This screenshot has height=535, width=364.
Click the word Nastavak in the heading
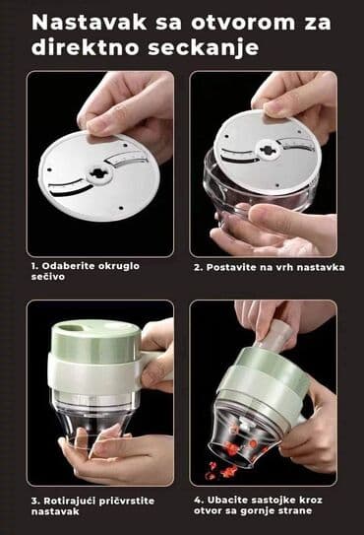[78, 22]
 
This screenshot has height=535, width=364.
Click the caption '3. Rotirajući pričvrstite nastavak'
[84, 507]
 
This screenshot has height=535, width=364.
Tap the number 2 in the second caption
[198, 267]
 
